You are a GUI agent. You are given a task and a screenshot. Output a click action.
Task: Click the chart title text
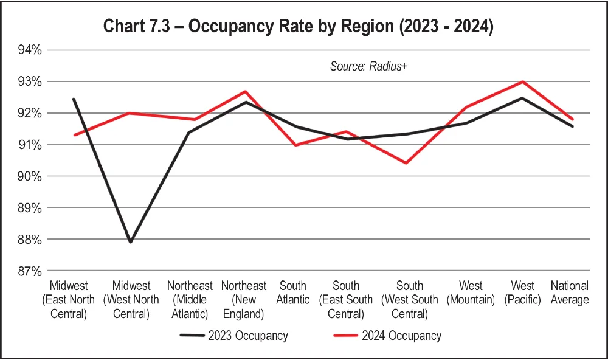[x=297, y=27]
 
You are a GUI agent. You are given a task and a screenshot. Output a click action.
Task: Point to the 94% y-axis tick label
[x=29, y=50]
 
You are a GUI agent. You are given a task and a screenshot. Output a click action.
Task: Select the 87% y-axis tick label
[x=29, y=271]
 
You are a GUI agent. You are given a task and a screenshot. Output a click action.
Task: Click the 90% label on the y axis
[x=29, y=176]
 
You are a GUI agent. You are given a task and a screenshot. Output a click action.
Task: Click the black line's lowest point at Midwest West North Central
[x=130, y=242]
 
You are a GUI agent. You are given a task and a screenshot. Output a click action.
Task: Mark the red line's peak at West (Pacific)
[x=523, y=81]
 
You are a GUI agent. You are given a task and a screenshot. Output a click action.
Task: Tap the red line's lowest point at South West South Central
[x=406, y=163]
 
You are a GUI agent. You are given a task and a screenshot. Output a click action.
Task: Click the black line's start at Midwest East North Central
[x=74, y=99]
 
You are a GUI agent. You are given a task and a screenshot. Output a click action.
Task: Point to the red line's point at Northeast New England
[x=245, y=92]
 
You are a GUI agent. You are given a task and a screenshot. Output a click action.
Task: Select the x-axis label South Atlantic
[x=292, y=292]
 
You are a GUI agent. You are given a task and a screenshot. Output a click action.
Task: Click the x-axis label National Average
[x=570, y=292]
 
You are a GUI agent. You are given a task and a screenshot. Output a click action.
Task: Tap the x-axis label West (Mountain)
[x=471, y=292]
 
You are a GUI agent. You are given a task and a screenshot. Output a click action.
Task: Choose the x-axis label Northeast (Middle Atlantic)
[x=190, y=300]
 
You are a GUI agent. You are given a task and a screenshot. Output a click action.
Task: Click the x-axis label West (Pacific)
[x=523, y=292]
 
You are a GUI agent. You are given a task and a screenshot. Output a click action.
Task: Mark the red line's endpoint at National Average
[x=573, y=119]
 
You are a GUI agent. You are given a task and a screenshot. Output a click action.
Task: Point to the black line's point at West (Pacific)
[x=523, y=98]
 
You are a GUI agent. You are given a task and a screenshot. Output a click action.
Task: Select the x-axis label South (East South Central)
[x=347, y=300]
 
